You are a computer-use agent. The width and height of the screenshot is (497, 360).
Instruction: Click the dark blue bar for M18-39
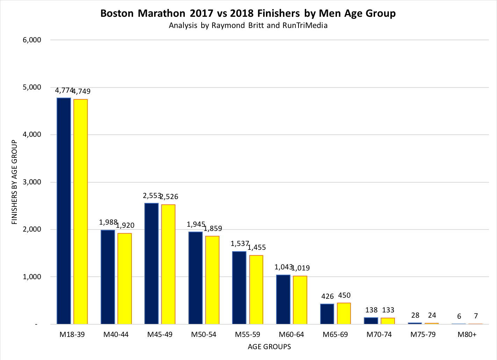pos(64,211)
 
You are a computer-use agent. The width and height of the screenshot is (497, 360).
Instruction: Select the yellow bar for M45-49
pos(168,264)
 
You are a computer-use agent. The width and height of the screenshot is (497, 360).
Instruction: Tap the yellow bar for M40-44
pos(124,278)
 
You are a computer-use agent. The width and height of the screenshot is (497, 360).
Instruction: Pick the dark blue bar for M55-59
pos(239,288)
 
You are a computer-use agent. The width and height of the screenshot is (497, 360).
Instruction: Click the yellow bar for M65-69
pos(344,313)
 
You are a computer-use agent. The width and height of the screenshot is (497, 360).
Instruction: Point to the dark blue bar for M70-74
pos(371,321)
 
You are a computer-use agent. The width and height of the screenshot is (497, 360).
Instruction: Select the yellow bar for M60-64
pos(300,300)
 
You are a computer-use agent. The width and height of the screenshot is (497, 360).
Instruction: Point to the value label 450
pos(344,295)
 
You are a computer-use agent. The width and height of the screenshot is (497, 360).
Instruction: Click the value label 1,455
pos(257,248)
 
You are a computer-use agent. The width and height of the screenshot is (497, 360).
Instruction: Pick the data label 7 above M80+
pos(476,316)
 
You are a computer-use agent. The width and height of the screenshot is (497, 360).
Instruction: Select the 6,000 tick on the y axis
pos(32,40)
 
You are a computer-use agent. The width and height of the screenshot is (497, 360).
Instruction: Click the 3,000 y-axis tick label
pos(32,182)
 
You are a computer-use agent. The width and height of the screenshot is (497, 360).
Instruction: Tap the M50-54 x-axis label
pos(203,334)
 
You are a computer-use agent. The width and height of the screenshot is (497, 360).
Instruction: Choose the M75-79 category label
pos(423,334)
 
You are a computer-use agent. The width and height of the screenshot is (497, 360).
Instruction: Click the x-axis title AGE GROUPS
pos(269,347)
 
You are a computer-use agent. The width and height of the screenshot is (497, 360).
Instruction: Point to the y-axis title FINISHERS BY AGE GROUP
pos(15,182)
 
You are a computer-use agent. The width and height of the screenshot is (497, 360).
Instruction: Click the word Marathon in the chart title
pos(161,13)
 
